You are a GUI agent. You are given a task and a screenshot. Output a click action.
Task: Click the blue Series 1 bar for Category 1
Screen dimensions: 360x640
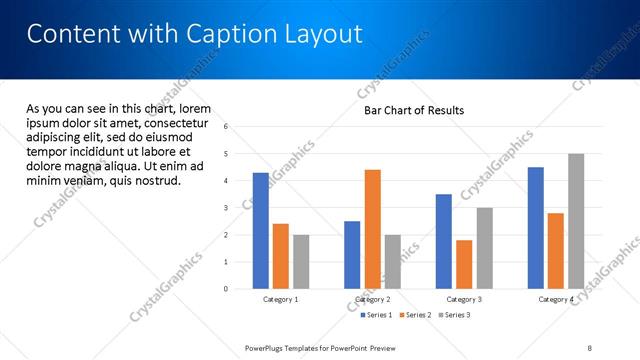click(x=260, y=230)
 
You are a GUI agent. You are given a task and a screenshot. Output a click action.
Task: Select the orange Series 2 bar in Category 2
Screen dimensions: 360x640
click(x=372, y=229)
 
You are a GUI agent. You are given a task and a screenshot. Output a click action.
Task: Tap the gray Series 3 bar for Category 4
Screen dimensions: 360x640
click(x=576, y=221)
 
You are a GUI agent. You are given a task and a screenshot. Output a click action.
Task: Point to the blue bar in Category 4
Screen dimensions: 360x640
click(x=536, y=227)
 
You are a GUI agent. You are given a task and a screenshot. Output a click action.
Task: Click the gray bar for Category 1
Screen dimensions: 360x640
click(x=301, y=261)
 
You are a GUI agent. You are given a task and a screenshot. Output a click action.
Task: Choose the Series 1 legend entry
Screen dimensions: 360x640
click(x=376, y=315)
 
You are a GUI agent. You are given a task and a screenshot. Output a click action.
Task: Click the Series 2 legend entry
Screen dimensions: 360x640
click(x=414, y=315)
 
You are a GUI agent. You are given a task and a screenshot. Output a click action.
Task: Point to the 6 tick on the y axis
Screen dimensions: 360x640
click(x=226, y=127)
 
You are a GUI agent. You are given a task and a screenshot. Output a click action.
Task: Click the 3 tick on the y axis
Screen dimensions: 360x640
click(x=226, y=208)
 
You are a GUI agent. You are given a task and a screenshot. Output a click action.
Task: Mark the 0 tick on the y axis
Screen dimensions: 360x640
click(x=226, y=289)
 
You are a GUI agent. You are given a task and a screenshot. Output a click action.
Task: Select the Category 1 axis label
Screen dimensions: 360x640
click(x=280, y=299)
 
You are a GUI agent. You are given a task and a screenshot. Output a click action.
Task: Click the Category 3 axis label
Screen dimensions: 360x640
click(x=464, y=299)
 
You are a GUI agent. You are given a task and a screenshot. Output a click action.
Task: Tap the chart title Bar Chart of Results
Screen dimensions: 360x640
click(x=413, y=110)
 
